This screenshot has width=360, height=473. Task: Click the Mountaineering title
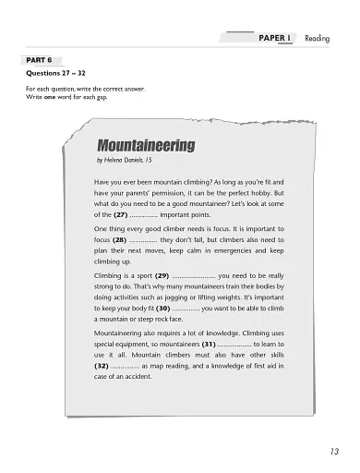146,146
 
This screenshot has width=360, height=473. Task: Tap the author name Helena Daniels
131,161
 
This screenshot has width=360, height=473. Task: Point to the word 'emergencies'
234,250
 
